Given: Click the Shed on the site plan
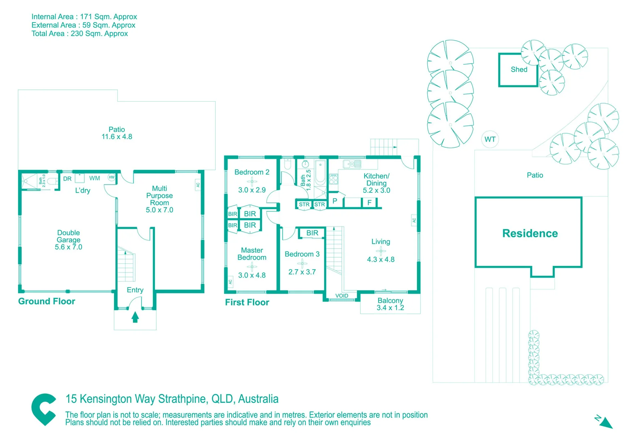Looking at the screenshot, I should [518, 70].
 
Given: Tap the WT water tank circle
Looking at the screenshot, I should [490, 139].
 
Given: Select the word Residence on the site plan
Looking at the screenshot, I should [530, 233].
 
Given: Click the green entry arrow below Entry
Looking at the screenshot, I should [135, 317].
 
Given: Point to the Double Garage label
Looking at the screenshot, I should [68, 236].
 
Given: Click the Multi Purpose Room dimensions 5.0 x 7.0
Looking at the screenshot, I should [160, 210].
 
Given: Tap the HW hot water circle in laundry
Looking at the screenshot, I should [112, 177].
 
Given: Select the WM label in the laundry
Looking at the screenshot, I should [95, 178].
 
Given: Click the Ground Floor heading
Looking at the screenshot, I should [47, 301].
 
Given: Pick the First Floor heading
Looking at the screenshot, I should [247, 302].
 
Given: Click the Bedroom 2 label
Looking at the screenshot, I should [252, 172].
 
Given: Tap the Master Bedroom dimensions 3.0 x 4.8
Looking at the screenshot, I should [252, 275].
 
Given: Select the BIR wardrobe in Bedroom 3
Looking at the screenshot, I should [312, 233].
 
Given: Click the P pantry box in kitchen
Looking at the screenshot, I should [335, 201].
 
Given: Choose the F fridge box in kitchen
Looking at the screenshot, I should [369, 202].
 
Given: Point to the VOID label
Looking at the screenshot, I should [342, 296].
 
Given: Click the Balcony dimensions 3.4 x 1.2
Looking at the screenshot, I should [390, 308].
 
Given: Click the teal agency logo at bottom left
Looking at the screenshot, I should [44, 409].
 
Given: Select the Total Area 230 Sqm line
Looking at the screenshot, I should [80, 34].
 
